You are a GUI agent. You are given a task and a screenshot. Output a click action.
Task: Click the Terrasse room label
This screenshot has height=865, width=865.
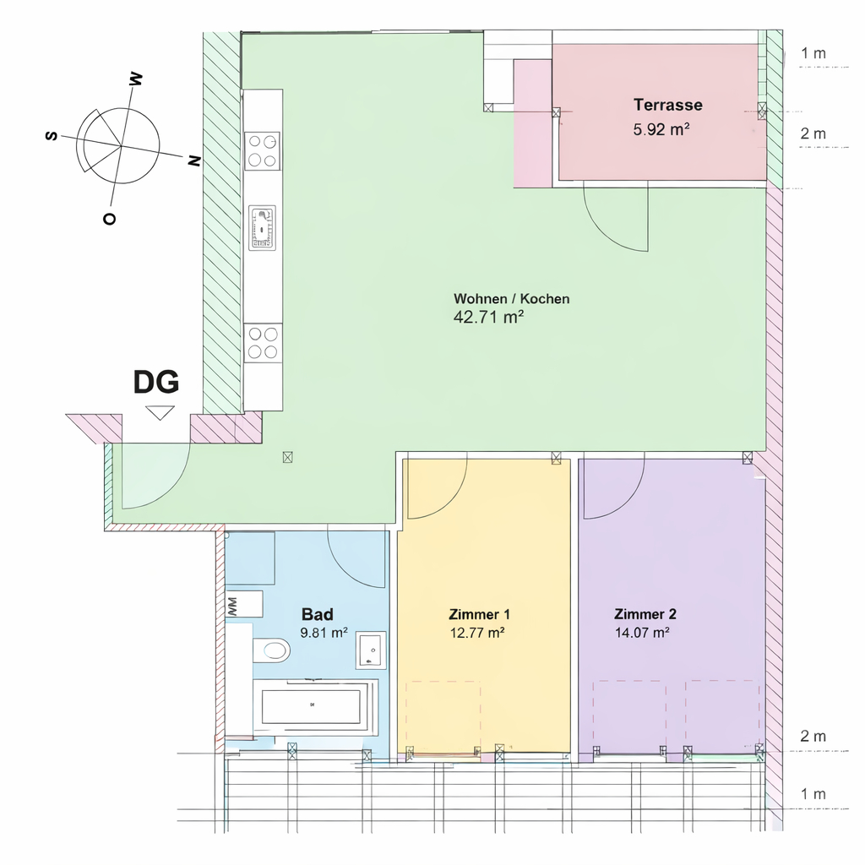667,105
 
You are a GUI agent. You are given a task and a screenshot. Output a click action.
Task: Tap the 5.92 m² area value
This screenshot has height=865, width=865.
661,129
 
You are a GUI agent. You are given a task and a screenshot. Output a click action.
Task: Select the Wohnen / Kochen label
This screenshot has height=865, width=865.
511,298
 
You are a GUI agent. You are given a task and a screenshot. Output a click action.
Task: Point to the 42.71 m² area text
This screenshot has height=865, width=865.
488,318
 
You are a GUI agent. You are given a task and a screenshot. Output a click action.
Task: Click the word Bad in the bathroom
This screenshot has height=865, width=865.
318,614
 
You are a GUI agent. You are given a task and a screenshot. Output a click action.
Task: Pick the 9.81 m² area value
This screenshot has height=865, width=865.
324,632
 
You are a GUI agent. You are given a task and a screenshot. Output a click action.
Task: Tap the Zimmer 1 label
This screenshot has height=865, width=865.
480,614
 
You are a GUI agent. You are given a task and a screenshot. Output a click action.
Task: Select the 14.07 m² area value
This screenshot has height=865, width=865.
642,632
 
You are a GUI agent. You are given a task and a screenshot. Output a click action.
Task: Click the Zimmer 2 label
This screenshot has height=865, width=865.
645,614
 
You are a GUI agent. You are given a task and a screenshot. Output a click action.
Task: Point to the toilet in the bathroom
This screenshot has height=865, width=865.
271,650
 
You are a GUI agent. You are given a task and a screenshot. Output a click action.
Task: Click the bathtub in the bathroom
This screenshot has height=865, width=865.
315,707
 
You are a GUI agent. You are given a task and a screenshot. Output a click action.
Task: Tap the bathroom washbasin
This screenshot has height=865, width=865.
372,650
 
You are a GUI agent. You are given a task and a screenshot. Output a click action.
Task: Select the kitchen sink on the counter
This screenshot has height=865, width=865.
262,228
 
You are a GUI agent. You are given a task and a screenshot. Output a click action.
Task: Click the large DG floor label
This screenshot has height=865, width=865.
156,382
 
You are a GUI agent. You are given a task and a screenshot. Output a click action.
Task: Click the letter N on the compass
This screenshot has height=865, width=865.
193,161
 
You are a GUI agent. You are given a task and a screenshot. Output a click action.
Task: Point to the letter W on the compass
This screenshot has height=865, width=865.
135,80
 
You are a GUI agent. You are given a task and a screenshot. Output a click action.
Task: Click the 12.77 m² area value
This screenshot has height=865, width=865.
477,632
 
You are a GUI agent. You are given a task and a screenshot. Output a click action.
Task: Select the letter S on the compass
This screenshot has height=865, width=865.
52,135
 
